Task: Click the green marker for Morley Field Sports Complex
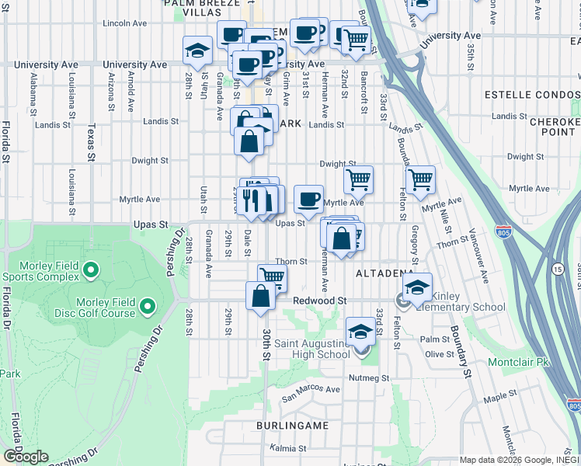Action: click(91, 271)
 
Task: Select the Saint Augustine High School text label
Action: click(310, 349)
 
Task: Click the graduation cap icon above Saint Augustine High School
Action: click(360, 332)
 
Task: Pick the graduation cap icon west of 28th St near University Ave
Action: click(197, 50)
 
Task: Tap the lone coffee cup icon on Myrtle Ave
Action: click(308, 199)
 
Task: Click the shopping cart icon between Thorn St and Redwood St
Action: click(272, 276)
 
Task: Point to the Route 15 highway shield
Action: click(558, 269)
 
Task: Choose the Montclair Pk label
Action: click(518, 363)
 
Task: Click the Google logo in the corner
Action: click(26, 457)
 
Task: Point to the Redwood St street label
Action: click(319, 301)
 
